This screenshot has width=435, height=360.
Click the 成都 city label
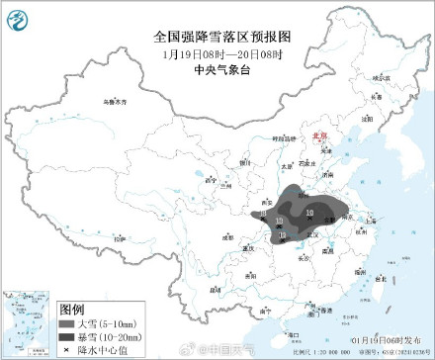[x=229, y=236]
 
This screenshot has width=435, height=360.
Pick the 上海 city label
[x=370, y=225]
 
